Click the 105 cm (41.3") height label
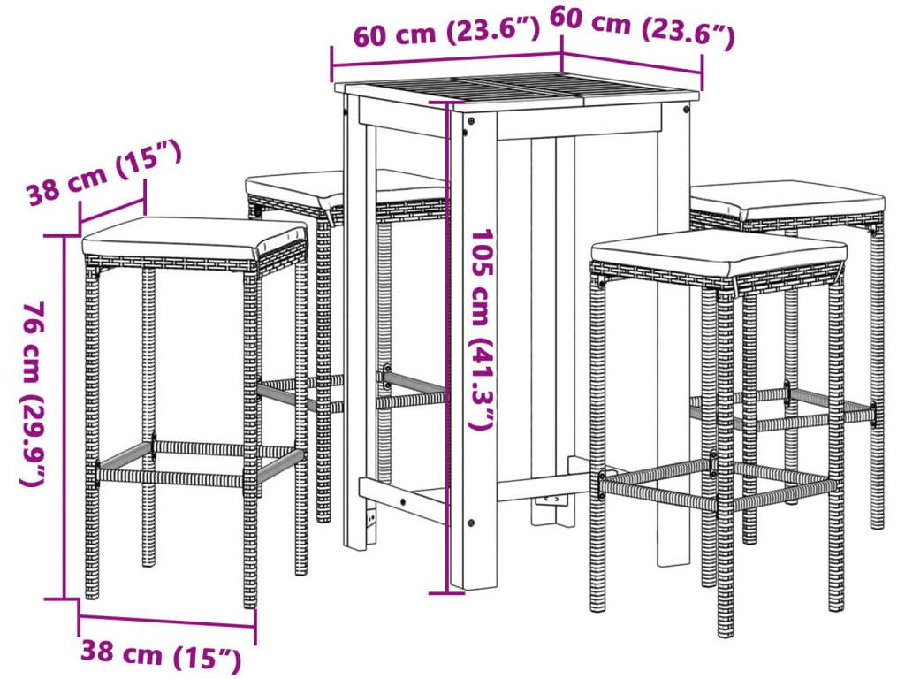coord(482,330)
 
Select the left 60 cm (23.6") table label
coord(446,33)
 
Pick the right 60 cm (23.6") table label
coord(642,27)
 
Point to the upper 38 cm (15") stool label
coord(104,172)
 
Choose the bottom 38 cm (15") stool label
coord(161,653)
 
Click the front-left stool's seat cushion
coord(194,238)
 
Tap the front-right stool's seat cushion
coord(719,252)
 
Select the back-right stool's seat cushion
coord(787,199)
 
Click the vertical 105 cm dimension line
coord(446,347)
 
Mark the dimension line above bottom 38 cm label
coord(167,622)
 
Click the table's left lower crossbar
coord(403,500)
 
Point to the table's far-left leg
coord(354,324)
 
